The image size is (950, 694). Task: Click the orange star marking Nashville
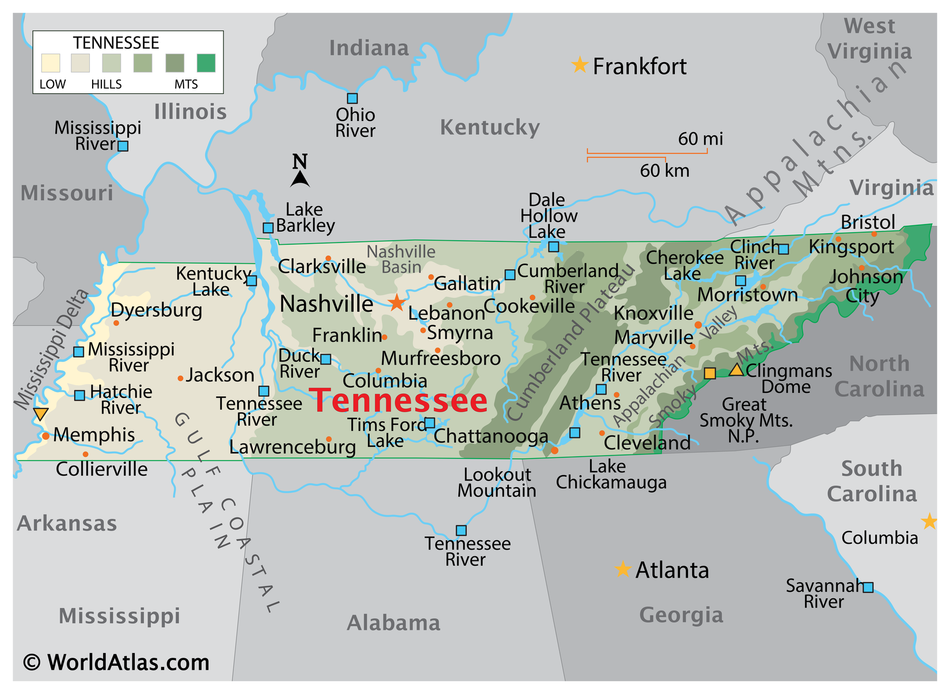click(x=397, y=302)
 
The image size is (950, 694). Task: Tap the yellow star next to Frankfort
click(x=579, y=65)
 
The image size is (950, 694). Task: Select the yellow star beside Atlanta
click(x=622, y=569)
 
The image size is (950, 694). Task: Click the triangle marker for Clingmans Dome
click(x=736, y=370)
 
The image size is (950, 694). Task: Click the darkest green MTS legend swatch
click(x=206, y=63)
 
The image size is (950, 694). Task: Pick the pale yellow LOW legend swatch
click(x=51, y=63)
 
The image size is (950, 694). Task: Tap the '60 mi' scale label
click(x=700, y=139)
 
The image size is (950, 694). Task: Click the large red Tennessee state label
click(x=398, y=400)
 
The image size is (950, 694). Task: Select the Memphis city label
click(x=94, y=434)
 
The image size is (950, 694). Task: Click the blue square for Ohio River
click(x=352, y=98)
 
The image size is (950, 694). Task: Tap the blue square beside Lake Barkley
click(x=268, y=227)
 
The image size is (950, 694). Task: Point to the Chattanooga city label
click(x=491, y=436)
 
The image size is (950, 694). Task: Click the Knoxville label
click(x=653, y=313)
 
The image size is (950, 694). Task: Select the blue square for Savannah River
click(x=868, y=587)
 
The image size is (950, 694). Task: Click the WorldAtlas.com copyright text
click(x=116, y=662)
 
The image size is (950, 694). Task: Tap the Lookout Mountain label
click(x=497, y=483)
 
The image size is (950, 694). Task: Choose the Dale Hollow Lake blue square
click(x=553, y=246)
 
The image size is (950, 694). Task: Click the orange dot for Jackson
click(x=180, y=378)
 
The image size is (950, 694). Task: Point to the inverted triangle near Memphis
click(x=40, y=414)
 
